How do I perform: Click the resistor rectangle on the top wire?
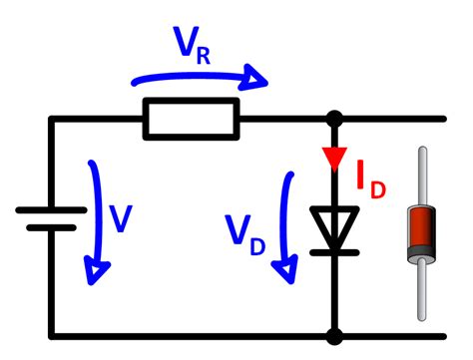coord(191,118)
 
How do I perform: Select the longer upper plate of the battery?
coord(51,209)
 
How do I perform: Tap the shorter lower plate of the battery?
coord(51,227)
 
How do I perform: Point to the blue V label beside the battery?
coord(121,218)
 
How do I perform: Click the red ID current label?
coord(371,179)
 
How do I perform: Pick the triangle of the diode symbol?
coord(335,225)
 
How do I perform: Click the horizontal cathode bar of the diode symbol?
coord(335,250)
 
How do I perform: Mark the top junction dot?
coord(335,118)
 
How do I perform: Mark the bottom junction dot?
coord(335,336)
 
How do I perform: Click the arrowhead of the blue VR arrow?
coord(257,79)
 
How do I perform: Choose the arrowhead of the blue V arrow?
coord(98,266)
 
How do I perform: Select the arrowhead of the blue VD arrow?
coord(290,266)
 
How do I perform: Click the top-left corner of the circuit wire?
coord(51,118)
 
